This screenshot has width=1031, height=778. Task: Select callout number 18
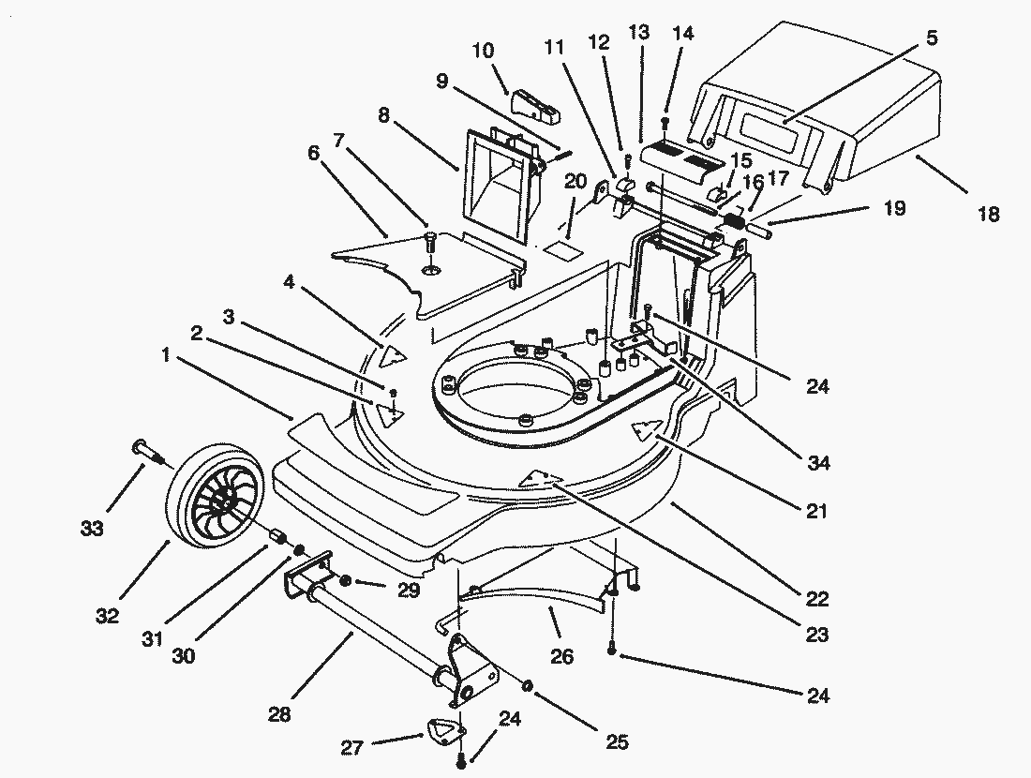click(987, 215)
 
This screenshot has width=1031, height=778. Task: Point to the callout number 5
click(932, 38)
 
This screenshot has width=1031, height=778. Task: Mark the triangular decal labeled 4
click(395, 353)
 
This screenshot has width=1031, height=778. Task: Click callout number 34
click(817, 462)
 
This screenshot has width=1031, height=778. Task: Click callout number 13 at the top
click(639, 33)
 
